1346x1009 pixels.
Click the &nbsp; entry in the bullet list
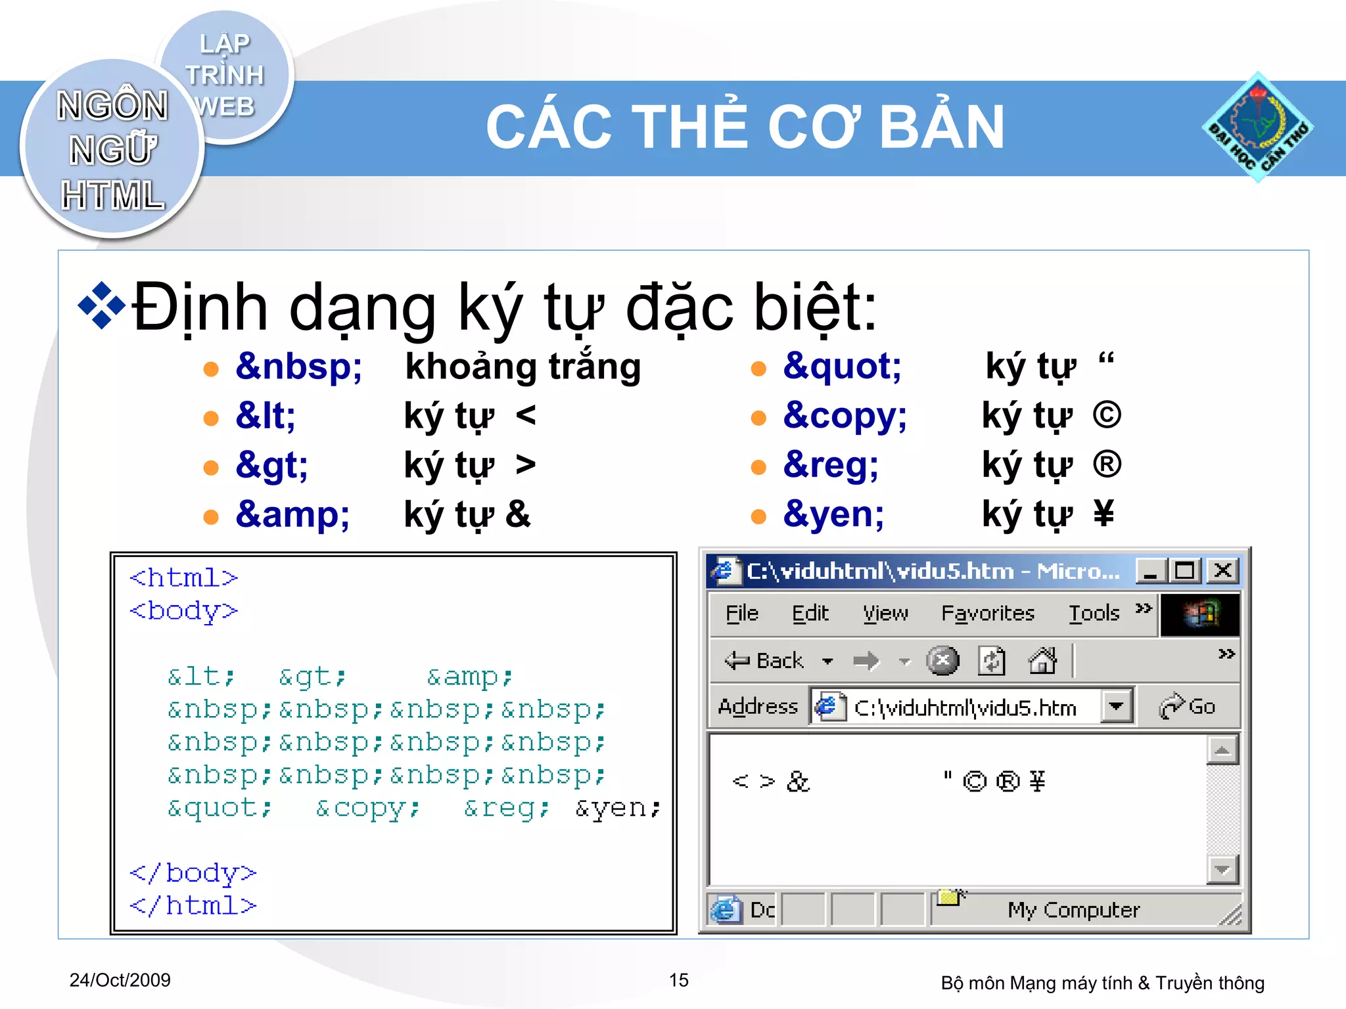tap(298, 367)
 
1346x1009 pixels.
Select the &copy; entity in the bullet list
tap(845, 416)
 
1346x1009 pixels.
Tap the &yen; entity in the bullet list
tap(833, 514)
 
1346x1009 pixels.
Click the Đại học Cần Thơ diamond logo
tap(1257, 127)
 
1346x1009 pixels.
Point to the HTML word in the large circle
tap(112, 195)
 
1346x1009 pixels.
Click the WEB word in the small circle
tap(225, 106)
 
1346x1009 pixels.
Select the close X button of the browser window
tap(1222, 570)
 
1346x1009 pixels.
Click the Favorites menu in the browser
tap(987, 614)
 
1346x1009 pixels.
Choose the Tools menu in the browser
tap(1094, 614)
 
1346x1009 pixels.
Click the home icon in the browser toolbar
tap(1042, 660)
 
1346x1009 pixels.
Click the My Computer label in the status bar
tap(1073, 910)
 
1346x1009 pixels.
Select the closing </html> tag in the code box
tap(193, 906)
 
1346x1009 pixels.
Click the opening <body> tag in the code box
tap(183, 611)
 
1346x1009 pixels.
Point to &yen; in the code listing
tap(617, 808)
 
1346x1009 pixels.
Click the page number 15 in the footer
tap(678, 980)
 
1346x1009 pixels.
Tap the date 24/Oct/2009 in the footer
tap(120, 980)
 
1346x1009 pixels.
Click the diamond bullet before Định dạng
tap(101, 305)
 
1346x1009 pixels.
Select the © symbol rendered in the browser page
tap(974, 781)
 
